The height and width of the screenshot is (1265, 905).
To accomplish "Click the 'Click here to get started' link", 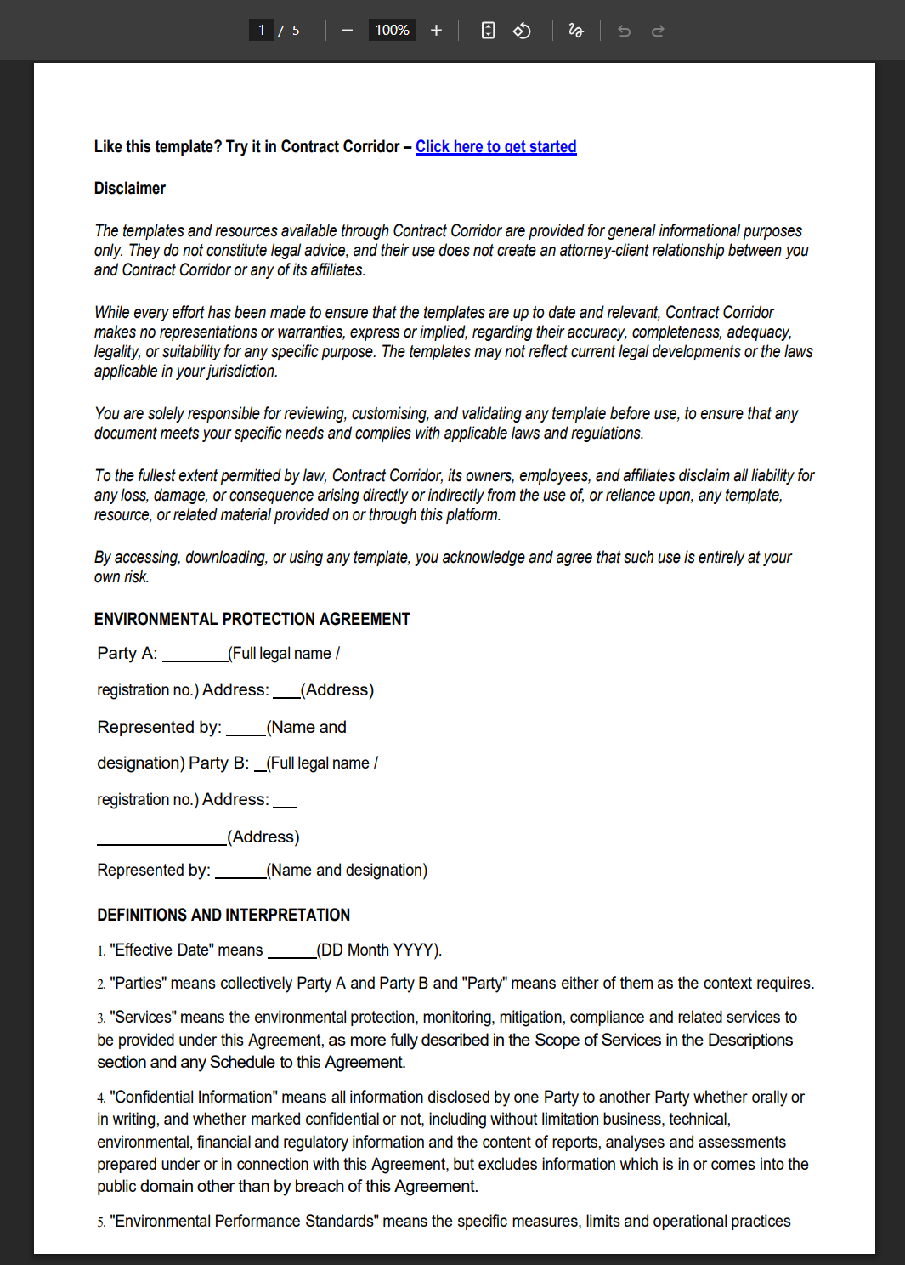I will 495,147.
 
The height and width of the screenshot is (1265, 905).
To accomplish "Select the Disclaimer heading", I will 130,189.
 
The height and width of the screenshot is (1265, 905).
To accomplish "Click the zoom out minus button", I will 347,31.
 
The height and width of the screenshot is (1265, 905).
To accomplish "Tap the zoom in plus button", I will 436,31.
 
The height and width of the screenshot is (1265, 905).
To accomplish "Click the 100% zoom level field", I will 392,31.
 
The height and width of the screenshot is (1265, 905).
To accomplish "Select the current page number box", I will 261,31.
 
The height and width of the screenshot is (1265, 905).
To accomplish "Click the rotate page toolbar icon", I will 522,31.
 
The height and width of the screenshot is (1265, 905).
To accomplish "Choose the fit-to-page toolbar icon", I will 488,31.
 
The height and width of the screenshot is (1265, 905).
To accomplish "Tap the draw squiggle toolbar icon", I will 576,31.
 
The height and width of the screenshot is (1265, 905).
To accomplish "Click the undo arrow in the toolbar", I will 625,31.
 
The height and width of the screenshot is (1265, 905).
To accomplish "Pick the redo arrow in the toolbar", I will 658,31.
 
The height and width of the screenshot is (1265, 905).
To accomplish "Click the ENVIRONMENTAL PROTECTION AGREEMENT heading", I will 252,620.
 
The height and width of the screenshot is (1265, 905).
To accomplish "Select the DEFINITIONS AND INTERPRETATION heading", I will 223,916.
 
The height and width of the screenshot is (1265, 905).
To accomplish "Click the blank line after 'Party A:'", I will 195,655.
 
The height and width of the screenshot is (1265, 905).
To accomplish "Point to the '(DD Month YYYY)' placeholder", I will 379,950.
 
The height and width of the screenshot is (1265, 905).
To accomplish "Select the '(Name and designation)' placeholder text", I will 347,871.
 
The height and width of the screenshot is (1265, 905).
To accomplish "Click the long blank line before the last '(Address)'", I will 161,839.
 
